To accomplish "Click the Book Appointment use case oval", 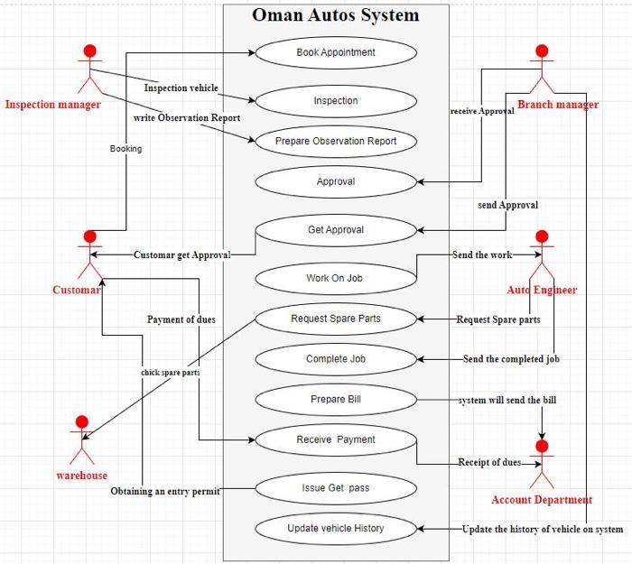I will click(x=336, y=52).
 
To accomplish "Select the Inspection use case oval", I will click(x=336, y=101).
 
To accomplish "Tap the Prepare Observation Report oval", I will click(x=336, y=141).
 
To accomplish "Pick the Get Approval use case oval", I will click(x=336, y=230).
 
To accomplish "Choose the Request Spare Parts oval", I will click(x=336, y=319).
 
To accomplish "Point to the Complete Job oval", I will click(x=336, y=359).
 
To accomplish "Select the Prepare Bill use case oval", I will click(x=336, y=399).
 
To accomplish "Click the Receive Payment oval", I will click(x=336, y=439).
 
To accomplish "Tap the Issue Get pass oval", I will click(x=336, y=488).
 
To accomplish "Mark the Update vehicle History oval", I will click(x=336, y=528).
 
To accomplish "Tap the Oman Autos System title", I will click(x=336, y=15).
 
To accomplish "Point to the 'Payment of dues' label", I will click(x=181, y=319).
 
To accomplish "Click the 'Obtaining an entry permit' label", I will click(x=165, y=492).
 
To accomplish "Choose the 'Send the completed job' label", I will click(x=511, y=359).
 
